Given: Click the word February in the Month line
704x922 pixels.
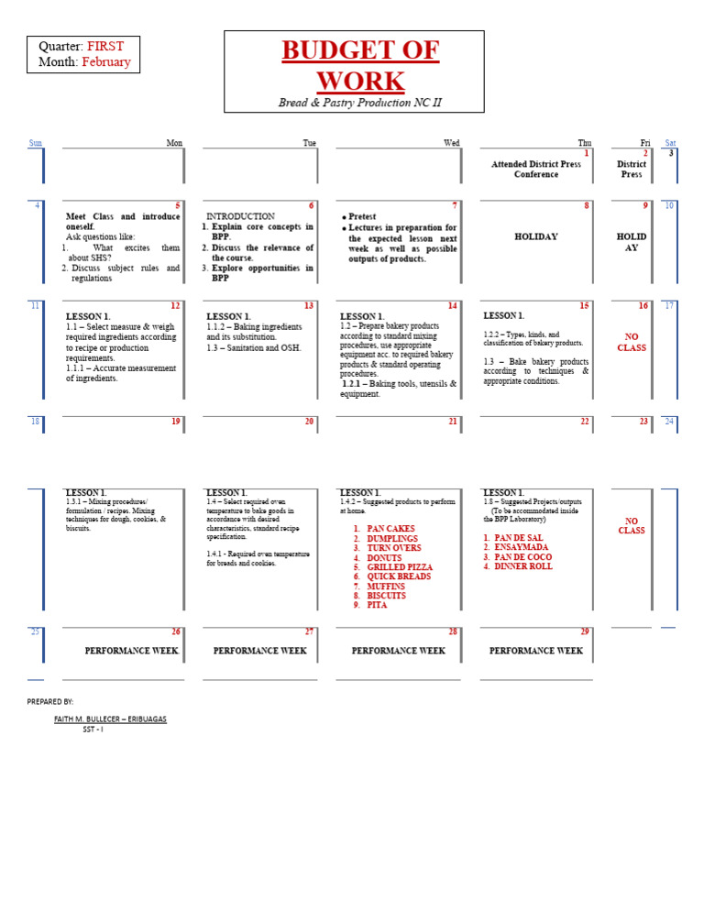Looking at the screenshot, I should point(106,62).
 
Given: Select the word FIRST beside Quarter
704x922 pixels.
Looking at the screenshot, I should point(105,46).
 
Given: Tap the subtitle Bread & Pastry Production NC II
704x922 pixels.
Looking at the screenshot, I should point(359,103).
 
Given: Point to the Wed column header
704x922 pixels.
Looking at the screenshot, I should point(451,143).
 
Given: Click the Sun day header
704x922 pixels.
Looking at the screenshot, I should point(36,143).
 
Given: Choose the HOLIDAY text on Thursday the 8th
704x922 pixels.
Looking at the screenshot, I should point(536,236).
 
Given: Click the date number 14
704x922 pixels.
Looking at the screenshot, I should point(452,305).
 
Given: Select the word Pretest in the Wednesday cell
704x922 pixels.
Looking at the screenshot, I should point(363,217).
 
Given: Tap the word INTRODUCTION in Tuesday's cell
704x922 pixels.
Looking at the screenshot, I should point(240,216).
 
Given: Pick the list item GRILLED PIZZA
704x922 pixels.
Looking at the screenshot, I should point(400,567).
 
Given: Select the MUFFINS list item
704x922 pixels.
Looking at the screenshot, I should point(386,587).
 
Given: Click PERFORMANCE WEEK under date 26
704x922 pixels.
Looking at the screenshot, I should point(131,651).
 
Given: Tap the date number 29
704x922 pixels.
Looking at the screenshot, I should point(585,632).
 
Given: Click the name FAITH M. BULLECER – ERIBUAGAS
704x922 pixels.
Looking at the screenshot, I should point(110,719).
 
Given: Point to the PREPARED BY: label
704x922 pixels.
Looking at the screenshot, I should point(50,701).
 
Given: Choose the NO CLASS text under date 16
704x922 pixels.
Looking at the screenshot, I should point(632,342).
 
